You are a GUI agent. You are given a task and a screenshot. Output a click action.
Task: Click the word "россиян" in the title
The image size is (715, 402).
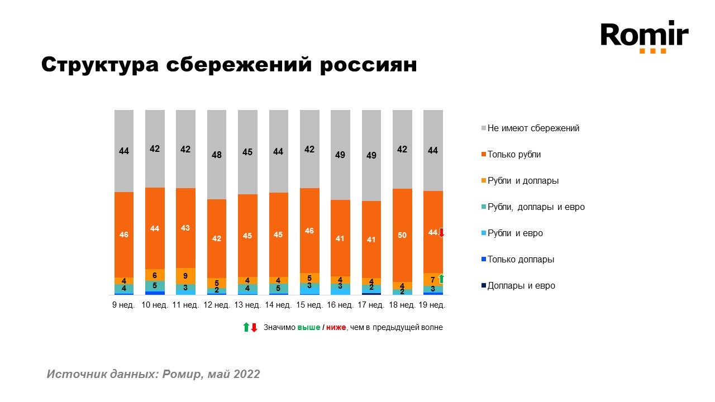[x=367, y=65]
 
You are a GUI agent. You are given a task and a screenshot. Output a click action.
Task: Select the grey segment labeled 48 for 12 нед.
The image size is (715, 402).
[x=217, y=155]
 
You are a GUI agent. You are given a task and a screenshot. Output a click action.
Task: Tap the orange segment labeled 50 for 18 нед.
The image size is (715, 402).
[x=402, y=235]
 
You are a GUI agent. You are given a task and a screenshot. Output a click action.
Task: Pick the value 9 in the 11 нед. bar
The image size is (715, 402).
[x=186, y=276]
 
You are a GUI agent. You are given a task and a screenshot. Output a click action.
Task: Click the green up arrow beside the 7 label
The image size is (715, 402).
[x=441, y=279]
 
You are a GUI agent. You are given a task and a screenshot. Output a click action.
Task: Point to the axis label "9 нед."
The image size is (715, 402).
[x=124, y=305]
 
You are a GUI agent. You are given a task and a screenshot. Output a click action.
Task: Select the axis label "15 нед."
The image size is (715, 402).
[x=309, y=305]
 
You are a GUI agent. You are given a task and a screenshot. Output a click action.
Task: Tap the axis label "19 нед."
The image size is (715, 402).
[x=433, y=305]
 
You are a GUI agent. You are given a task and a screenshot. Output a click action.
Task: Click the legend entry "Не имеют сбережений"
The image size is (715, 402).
[x=533, y=128]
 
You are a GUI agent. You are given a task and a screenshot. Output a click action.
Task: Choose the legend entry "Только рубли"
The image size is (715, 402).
[x=514, y=155]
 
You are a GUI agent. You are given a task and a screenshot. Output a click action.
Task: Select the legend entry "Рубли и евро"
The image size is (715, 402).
[x=515, y=233]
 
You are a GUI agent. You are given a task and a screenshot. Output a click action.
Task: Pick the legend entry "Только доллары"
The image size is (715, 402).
[x=521, y=260]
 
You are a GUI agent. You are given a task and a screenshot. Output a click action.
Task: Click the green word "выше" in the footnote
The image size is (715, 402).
[x=308, y=328]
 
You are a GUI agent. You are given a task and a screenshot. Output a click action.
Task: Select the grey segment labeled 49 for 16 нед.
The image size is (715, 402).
[x=340, y=155]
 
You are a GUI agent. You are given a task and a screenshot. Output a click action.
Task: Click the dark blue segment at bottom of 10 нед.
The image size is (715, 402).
[x=155, y=293]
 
